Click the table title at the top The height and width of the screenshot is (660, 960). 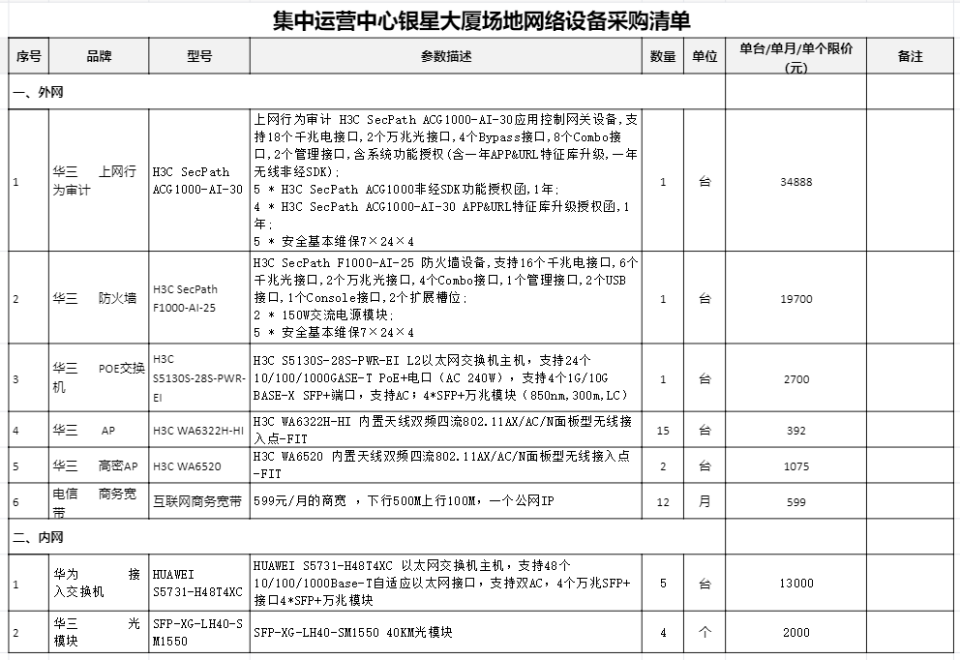tap(480, 20)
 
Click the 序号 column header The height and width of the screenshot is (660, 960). tap(29, 57)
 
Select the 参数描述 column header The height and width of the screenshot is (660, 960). tap(447, 57)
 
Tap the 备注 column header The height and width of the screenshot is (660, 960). tap(910, 57)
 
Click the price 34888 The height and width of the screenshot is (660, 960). tap(795, 182)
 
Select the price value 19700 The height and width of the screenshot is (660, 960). tap(795, 299)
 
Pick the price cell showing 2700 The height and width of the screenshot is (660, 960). tap(795, 379)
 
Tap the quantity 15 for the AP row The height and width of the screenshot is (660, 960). tap(663, 431)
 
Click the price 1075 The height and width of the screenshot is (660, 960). tap(795, 466)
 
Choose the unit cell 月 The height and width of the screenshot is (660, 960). tap(705, 502)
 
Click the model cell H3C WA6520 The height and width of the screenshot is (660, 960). tap(187, 466)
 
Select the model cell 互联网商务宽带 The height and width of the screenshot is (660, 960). tap(197, 502)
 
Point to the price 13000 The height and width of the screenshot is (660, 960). tap(795, 584)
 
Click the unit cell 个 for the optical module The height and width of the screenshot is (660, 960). tap(705, 633)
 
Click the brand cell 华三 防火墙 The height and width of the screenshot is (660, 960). tap(95, 299)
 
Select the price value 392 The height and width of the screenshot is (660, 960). tap(795, 431)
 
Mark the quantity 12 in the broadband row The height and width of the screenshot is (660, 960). tap(663, 502)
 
